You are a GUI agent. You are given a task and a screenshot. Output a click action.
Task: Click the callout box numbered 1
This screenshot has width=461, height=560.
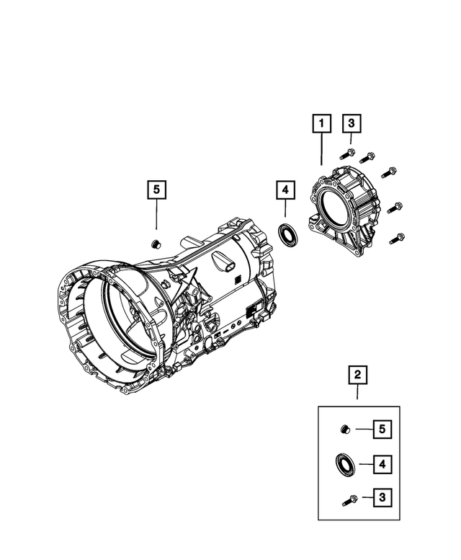(x=321, y=124)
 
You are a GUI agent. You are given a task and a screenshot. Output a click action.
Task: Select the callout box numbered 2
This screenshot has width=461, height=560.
(x=357, y=375)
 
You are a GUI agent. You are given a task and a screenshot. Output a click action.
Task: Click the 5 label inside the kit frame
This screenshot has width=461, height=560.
(x=382, y=430)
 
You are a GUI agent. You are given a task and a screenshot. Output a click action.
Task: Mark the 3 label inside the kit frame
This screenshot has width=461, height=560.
(x=382, y=498)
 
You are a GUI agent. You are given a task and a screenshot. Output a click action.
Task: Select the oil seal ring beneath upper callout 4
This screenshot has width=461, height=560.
(x=288, y=235)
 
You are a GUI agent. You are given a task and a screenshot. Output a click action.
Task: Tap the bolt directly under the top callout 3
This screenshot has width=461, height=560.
(x=348, y=153)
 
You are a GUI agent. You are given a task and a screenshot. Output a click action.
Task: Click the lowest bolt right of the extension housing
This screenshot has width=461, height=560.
(x=397, y=237)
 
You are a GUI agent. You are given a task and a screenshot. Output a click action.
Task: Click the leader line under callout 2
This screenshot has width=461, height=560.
(x=357, y=394)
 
